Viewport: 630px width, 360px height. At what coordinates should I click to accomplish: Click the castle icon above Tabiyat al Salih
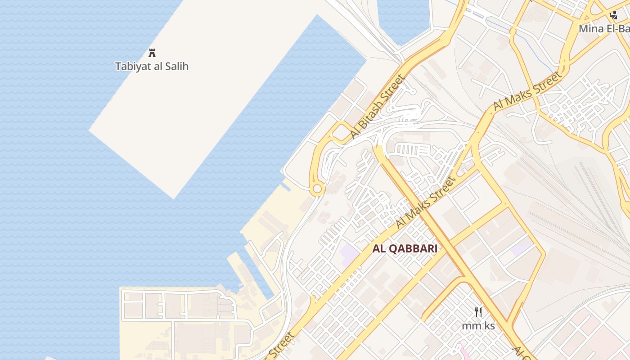[x=152, y=53]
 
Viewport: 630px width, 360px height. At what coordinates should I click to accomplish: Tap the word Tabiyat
[x=132, y=67]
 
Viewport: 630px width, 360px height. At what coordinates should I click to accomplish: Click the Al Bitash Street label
[x=378, y=107]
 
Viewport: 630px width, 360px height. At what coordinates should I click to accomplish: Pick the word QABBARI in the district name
[x=413, y=249]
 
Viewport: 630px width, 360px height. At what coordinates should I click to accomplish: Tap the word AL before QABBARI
[x=379, y=249]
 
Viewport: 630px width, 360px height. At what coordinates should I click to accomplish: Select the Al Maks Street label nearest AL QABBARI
[x=425, y=202]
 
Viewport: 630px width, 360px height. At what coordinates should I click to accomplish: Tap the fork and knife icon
[x=478, y=312]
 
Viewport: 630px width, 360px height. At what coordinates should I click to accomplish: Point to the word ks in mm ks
[x=489, y=326]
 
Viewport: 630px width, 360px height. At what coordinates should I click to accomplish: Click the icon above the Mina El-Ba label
[x=613, y=16]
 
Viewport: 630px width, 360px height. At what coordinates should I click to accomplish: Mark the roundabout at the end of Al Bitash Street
[x=317, y=189]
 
